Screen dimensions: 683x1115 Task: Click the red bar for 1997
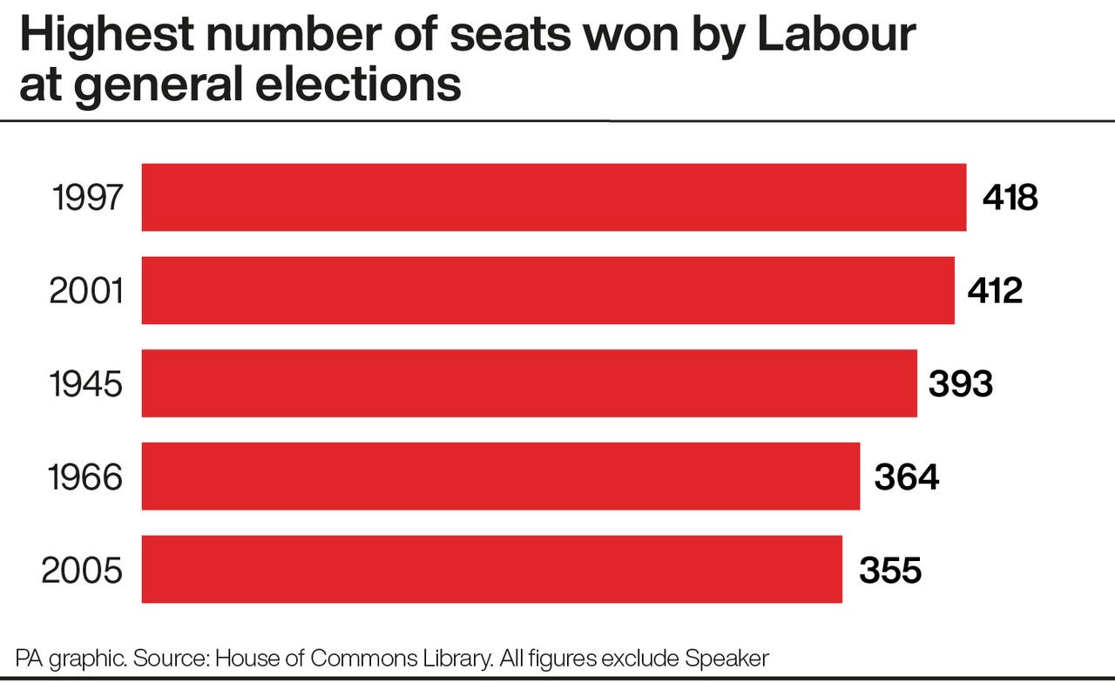[x=554, y=198]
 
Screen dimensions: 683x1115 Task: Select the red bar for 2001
[x=548, y=290]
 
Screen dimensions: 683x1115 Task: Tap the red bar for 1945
[x=530, y=383]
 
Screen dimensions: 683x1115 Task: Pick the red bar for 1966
[x=501, y=477]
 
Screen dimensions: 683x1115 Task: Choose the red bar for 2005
[x=492, y=569]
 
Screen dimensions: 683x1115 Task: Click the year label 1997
[x=87, y=199]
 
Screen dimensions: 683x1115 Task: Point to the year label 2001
[x=86, y=291]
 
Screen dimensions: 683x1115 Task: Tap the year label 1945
[x=86, y=384]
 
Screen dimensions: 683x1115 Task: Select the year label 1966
[x=86, y=477]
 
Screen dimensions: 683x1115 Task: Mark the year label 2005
[x=82, y=571]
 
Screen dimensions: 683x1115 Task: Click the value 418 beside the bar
[x=1010, y=199]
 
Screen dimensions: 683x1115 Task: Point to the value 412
[x=995, y=291]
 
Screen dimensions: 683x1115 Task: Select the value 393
[x=960, y=384]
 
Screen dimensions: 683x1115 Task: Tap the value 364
[x=907, y=477]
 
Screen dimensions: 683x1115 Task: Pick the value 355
[x=890, y=571]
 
